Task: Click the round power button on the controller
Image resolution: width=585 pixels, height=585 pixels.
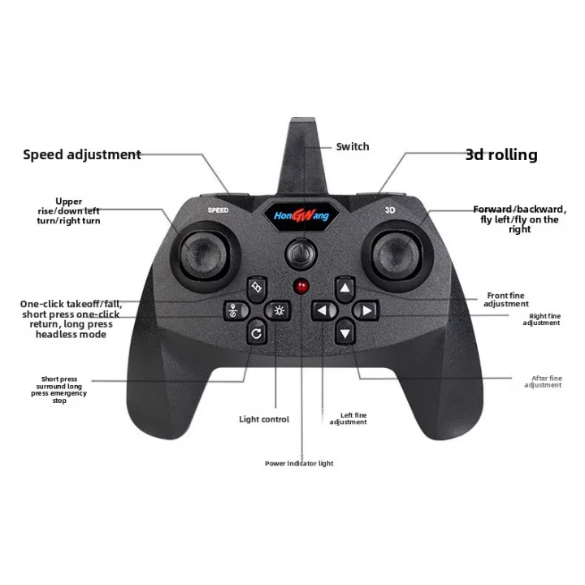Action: click(x=301, y=253)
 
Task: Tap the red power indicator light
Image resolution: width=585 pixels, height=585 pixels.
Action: click(x=301, y=287)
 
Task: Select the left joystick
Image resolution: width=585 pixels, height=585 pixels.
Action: click(x=205, y=256)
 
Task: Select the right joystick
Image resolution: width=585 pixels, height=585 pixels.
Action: click(x=397, y=255)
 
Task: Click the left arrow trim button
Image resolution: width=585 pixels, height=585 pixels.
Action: click(x=324, y=310)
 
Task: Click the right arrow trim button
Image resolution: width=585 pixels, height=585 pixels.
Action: click(x=366, y=310)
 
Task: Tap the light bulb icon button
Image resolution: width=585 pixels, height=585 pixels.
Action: click(x=278, y=310)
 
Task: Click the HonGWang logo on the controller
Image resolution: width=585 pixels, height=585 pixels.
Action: click(x=301, y=215)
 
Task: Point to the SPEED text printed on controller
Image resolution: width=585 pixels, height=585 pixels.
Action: click(x=218, y=210)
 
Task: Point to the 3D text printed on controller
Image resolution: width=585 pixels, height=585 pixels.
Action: click(x=389, y=210)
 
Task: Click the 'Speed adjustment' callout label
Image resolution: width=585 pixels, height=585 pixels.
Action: click(x=82, y=154)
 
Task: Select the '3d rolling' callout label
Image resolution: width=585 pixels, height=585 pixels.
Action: click(x=501, y=154)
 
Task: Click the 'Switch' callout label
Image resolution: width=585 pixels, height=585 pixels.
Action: click(x=353, y=146)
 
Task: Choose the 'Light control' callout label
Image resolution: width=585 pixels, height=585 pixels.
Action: click(x=264, y=419)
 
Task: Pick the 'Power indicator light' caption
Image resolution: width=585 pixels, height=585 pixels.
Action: click(x=299, y=463)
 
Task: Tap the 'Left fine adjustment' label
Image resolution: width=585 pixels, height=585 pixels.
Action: click(x=348, y=418)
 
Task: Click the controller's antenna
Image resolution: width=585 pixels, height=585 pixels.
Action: click(x=302, y=156)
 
